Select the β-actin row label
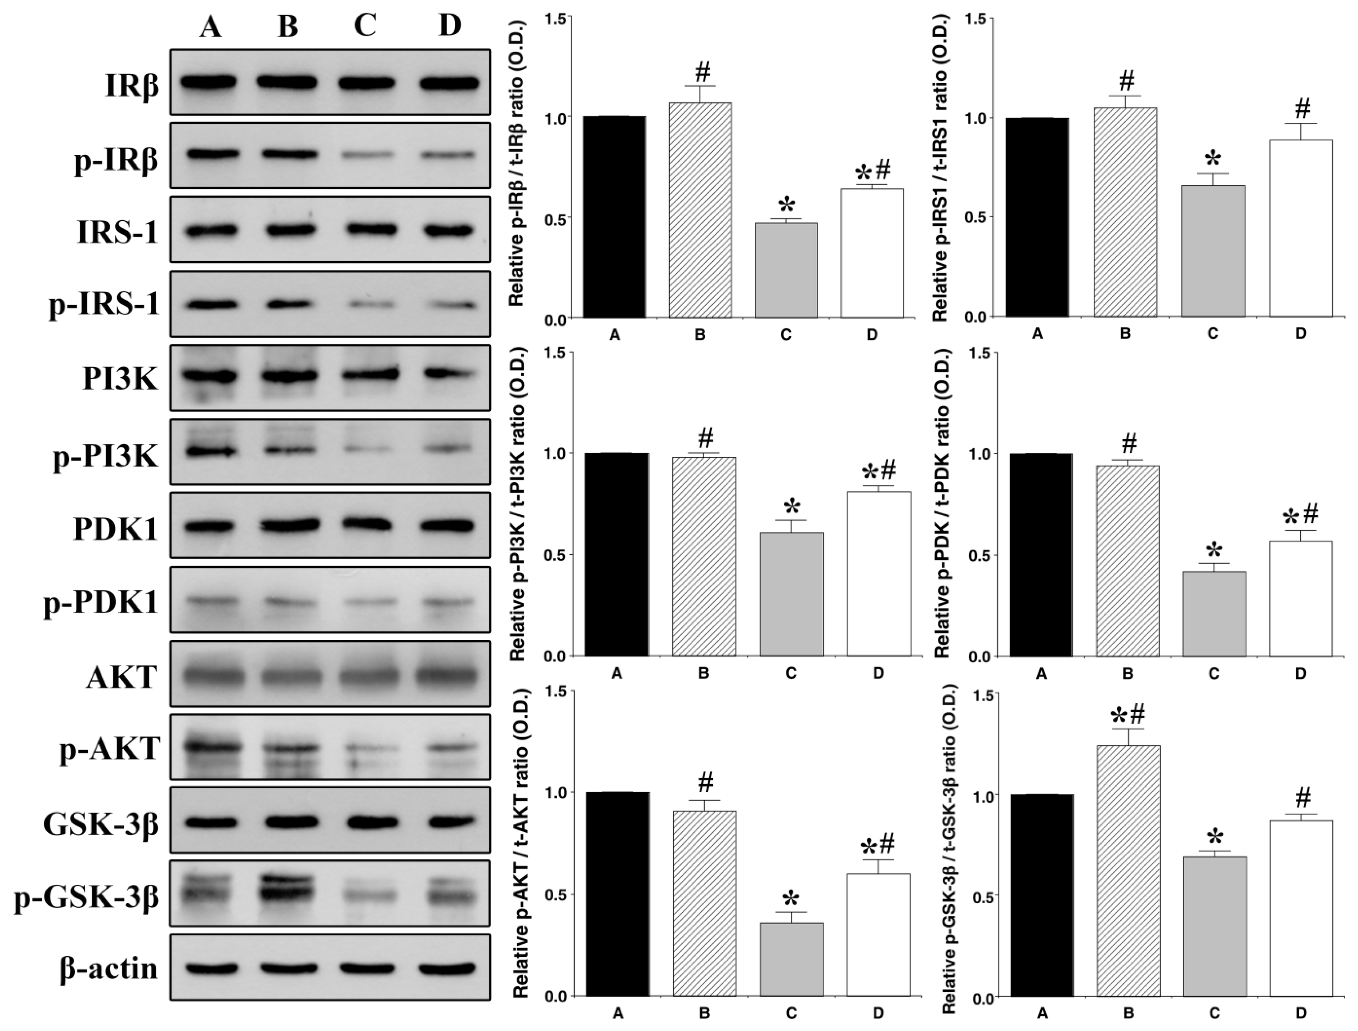pos(109,968)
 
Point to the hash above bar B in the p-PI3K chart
pos(706,439)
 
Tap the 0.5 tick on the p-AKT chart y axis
pos(556,895)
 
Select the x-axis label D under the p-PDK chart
pos(1300,674)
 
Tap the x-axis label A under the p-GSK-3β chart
pos(1042,1013)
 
